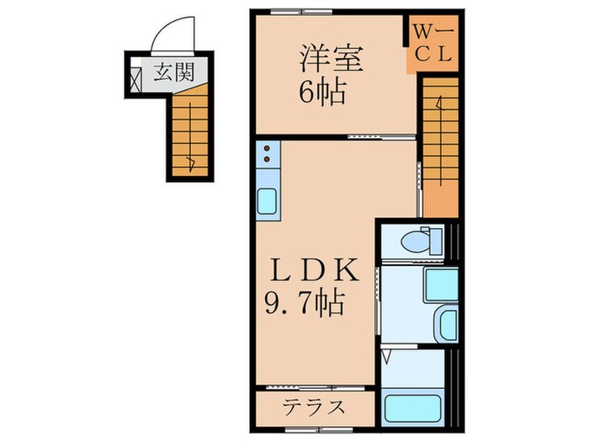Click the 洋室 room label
click(332, 60)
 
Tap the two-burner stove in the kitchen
click(268, 155)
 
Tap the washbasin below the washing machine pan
click(446, 323)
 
